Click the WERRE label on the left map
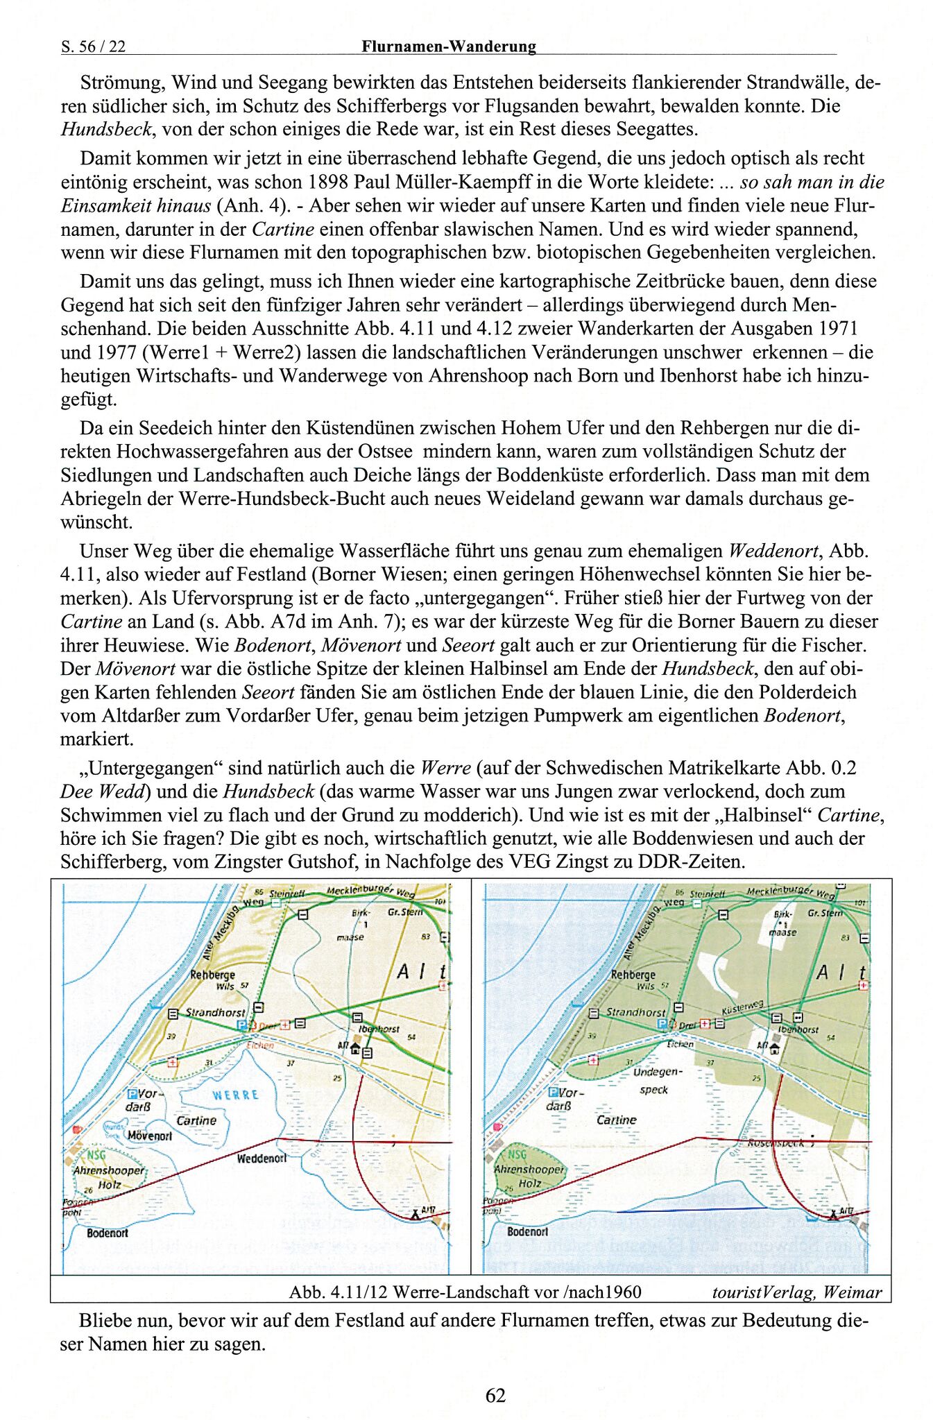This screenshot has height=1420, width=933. click(x=235, y=1095)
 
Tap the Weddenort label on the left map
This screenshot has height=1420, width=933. click(x=261, y=1158)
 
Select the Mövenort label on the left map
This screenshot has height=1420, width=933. click(x=149, y=1136)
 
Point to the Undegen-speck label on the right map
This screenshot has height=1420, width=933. click(x=656, y=1080)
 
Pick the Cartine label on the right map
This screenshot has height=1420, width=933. click(x=616, y=1120)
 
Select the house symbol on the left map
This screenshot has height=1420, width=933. click(x=356, y=1048)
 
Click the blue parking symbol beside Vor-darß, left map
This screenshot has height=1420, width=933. click(x=132, y=1093)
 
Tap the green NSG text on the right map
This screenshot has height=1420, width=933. click(x=517, y=1154)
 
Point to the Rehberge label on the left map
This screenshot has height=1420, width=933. click(x=212, y=975)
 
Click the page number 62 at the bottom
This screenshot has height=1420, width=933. click(x=495, y=1394)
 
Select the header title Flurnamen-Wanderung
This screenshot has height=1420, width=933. click(x=448, y=46)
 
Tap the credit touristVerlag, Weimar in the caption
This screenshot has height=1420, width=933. click(x=796, y=1292)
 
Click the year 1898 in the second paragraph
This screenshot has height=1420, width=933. click(x=328, y=182)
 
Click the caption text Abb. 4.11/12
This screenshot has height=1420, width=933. click(x=339, y=1292)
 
